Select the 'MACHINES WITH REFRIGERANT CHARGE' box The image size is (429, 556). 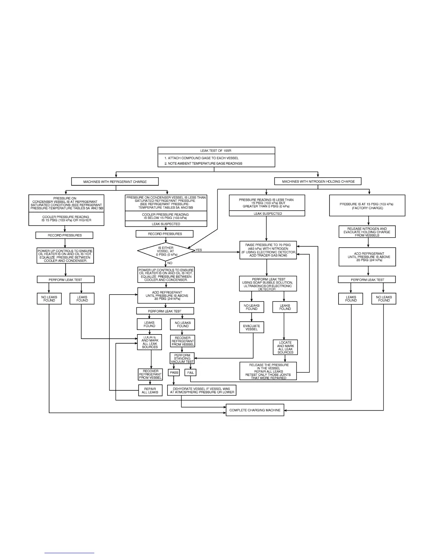[115, 182]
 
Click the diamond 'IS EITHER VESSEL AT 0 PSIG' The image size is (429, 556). [166, 251]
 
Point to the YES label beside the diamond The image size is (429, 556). [199, 250]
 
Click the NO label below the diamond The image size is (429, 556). [170, 263]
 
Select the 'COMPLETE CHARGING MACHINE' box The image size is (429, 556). [255, 410]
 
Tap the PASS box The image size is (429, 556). [174, 372]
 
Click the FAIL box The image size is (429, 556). [191, 372]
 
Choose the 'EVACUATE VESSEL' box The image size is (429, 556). [251, 327]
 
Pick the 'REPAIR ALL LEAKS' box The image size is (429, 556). [150, 390]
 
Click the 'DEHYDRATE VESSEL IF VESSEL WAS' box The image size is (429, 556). [202, 390]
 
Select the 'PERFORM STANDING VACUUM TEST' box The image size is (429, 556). [182, 358]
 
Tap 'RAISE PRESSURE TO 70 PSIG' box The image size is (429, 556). [268, 250]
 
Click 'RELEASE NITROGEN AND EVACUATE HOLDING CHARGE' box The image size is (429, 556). [367, 232]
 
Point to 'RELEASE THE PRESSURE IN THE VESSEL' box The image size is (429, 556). [268, 371]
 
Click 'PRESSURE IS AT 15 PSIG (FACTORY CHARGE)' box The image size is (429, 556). [367, 206]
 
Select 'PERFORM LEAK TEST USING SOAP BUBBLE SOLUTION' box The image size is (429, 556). [268, 284]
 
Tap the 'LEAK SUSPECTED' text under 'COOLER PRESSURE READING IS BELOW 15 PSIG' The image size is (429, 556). [166, 224]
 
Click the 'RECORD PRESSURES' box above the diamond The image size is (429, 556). [164, 234]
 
